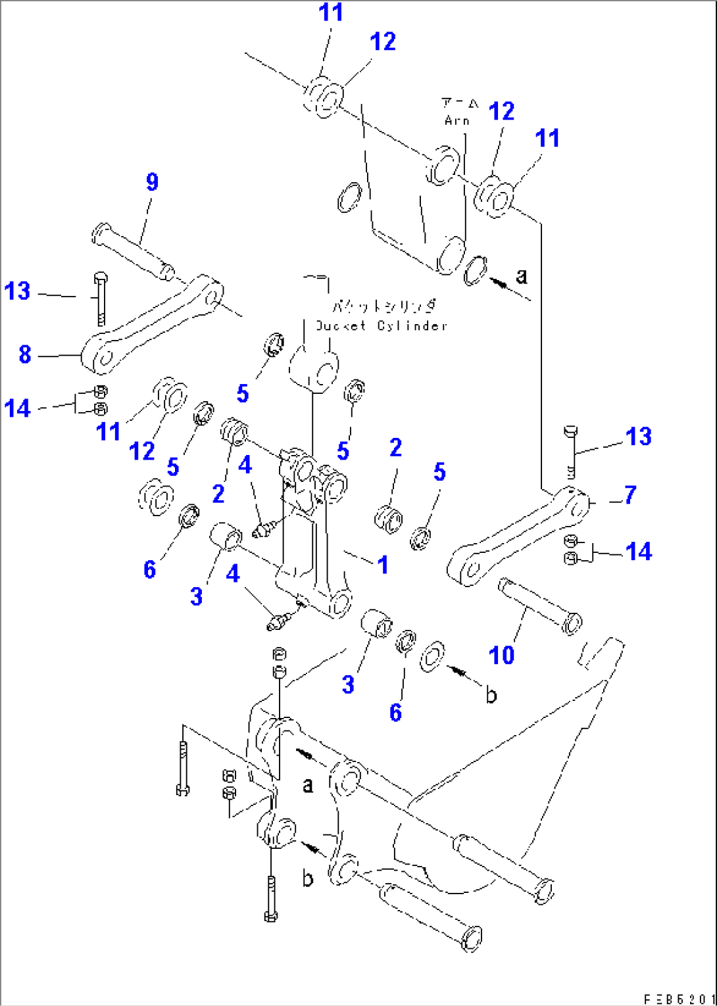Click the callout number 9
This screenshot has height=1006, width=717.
[152, 182]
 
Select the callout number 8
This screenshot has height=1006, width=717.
[25, 355]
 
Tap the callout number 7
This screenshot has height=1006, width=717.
[630, 495]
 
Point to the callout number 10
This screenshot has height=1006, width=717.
[501, 655]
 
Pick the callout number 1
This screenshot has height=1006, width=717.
[382, 565]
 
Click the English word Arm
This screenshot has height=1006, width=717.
[457, 120]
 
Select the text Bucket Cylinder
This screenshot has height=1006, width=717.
[382, 325]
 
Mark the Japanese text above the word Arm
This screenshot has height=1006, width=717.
[460, 103]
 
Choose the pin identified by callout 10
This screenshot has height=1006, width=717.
[539, 604]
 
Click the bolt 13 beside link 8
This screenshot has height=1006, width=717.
[99, 299]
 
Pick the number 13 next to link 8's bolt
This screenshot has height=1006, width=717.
[17, 291]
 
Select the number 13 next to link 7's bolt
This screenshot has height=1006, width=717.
[638, 437]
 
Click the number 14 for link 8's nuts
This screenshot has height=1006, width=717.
[17, 408]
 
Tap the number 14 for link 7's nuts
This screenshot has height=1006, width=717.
[638, 552]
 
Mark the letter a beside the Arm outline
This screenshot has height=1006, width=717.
[522, 275]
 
